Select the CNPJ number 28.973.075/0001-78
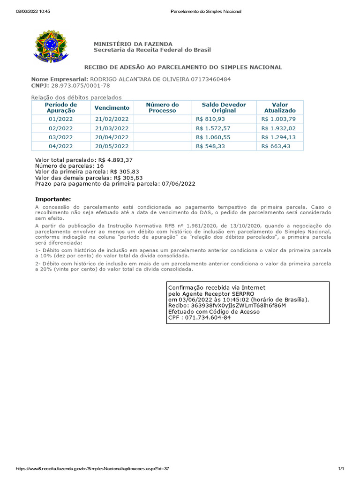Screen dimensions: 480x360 coord(81,86)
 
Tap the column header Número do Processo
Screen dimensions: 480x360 coord(162,108)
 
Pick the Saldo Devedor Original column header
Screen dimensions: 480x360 coord(224,108)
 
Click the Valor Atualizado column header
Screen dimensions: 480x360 coord(280,108)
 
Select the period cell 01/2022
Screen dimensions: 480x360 coord(60,119)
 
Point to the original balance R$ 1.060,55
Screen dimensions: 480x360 coord(213,137)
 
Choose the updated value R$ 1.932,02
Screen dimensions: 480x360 coord(278,128)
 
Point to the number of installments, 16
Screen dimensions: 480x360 coord(100,166)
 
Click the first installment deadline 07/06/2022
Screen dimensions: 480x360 coord(178,184)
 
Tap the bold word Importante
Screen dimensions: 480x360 coord(53,199)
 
